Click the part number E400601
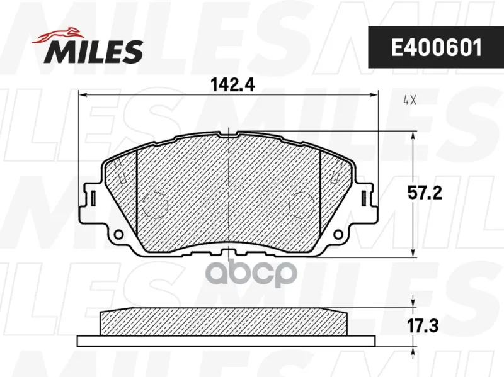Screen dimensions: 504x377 coord(437,48)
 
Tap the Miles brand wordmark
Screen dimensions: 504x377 coord(93,52)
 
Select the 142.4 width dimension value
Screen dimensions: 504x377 coord(232,85)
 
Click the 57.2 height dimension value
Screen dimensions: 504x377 coord(425,193)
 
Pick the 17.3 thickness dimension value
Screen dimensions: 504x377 coord(423,326)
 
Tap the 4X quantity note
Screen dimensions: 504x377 coord(410,101)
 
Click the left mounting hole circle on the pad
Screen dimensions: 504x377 coord(118,234)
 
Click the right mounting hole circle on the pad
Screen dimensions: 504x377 coord(338,234)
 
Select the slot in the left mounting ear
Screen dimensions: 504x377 coord(93,198)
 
